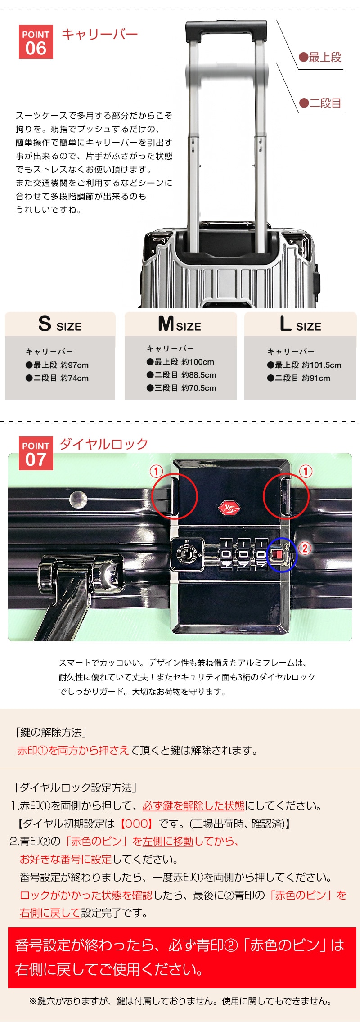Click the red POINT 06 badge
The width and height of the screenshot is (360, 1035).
point(36,42)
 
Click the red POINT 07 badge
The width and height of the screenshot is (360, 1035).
point(36,453)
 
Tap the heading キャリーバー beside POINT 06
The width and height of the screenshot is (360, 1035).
point(100,34)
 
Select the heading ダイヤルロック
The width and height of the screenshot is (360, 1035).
point(104,444)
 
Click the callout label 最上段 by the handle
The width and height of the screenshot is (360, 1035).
point(320,58)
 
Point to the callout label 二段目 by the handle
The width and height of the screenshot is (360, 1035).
point(320,103)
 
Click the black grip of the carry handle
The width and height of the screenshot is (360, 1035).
point(227,31)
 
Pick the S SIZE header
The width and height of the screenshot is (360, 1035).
point(60,324)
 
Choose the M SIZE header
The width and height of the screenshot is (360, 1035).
point(180,324)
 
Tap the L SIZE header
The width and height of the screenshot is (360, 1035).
point(301,324)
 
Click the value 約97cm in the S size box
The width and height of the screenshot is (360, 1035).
point(75,365)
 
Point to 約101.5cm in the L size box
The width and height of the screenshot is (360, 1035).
point(322,365)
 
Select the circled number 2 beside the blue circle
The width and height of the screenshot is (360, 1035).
point(305,548)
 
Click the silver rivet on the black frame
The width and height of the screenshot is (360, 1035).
point(78,499)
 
